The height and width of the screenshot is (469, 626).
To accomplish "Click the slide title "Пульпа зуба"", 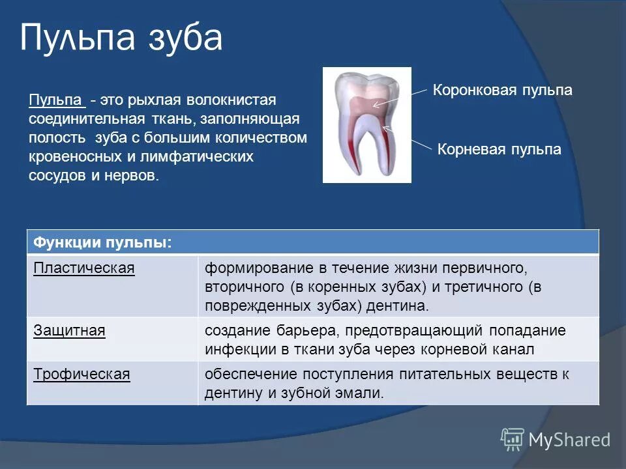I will click(x=121, y=38).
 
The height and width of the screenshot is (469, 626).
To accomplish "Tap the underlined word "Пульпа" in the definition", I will click(x=57, y=101).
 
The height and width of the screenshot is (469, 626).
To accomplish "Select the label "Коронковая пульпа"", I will click(x=502, y=91).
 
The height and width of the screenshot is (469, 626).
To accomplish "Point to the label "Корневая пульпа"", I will click(x=499, y=149).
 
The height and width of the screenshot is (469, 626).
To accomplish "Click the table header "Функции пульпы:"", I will click(x=103, y=242).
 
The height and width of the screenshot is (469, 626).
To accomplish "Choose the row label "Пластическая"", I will click(x=84, y=268).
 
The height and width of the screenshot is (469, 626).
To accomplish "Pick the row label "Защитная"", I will click(x=69, y=330).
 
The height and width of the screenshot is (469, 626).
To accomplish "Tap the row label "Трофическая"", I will click(x=82, y=375).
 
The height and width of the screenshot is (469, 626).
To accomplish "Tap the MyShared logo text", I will click(x=569, y=440).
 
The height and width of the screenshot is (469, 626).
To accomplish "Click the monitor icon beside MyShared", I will click(x=513, y=439).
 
